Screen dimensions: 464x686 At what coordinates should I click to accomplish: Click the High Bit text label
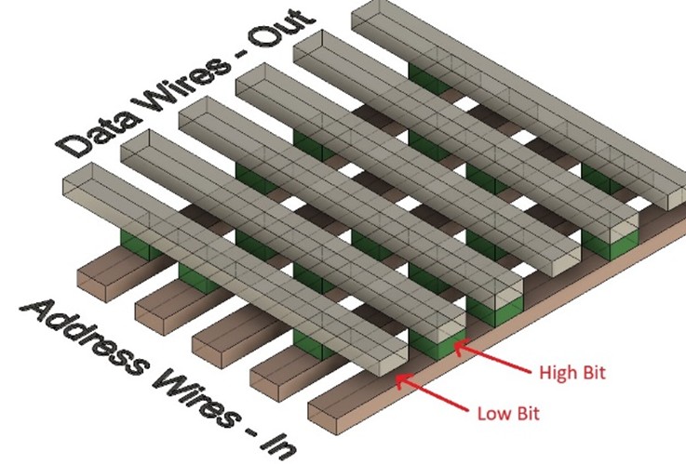click(573, 373)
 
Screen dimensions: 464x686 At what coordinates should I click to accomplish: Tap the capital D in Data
click(74, 143)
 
